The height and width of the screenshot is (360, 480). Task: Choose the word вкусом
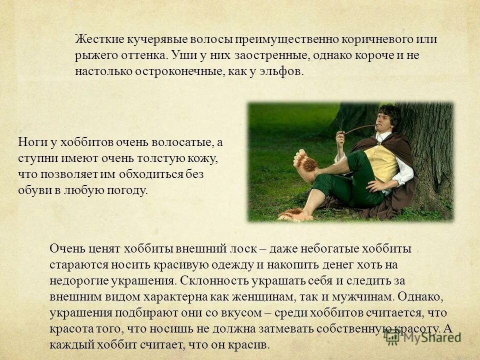point(242,312)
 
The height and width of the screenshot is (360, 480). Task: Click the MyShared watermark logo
point(422,336)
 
